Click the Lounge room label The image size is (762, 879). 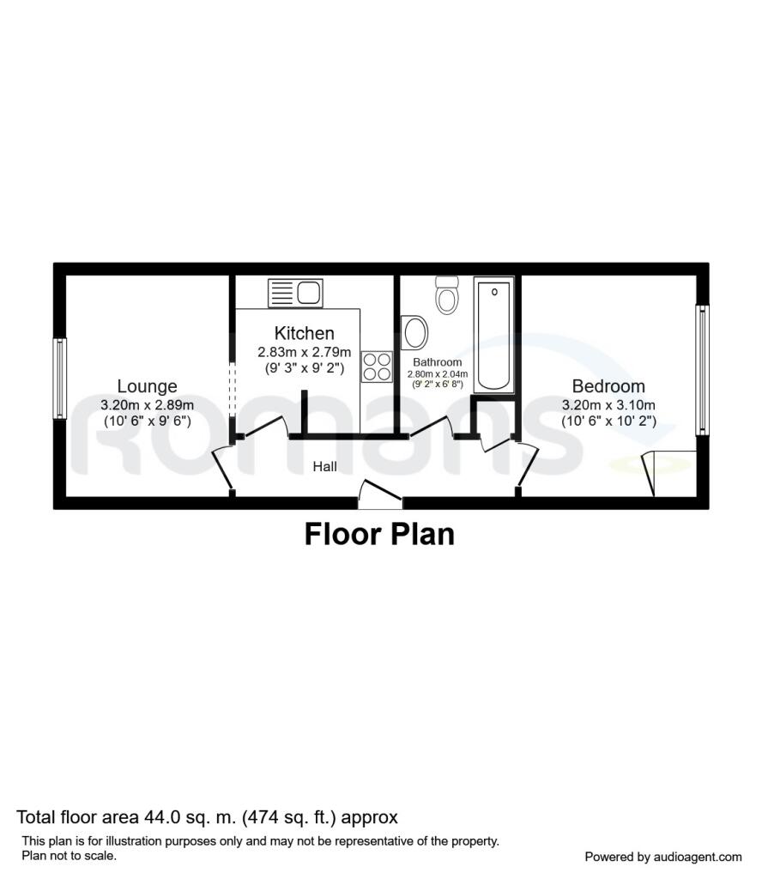[x=148, y=387]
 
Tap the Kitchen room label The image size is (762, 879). [x=304, y=333]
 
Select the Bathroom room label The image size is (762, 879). [x=437, y=362]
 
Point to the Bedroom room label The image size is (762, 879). [x=608, y=387]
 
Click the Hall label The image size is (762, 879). [x=324, y=467]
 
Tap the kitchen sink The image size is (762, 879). [x=294, y=293]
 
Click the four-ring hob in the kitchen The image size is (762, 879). [x=376, y=367]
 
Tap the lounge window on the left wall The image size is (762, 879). [x=60, y=379]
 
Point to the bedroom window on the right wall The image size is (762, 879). [x=702, y=369]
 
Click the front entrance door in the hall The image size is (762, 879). [x=379, y=494]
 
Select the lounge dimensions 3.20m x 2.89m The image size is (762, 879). [x=148, y=405]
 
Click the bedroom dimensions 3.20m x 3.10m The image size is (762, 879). [x=608, y=405]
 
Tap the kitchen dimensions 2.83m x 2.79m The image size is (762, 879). [x=304, y=352]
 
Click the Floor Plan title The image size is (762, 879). [x=379, y=534]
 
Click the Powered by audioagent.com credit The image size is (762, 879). [x=662, y=857]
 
